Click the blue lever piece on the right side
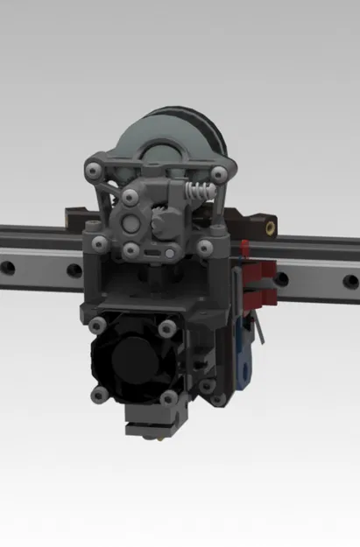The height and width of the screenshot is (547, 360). point(243,359)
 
